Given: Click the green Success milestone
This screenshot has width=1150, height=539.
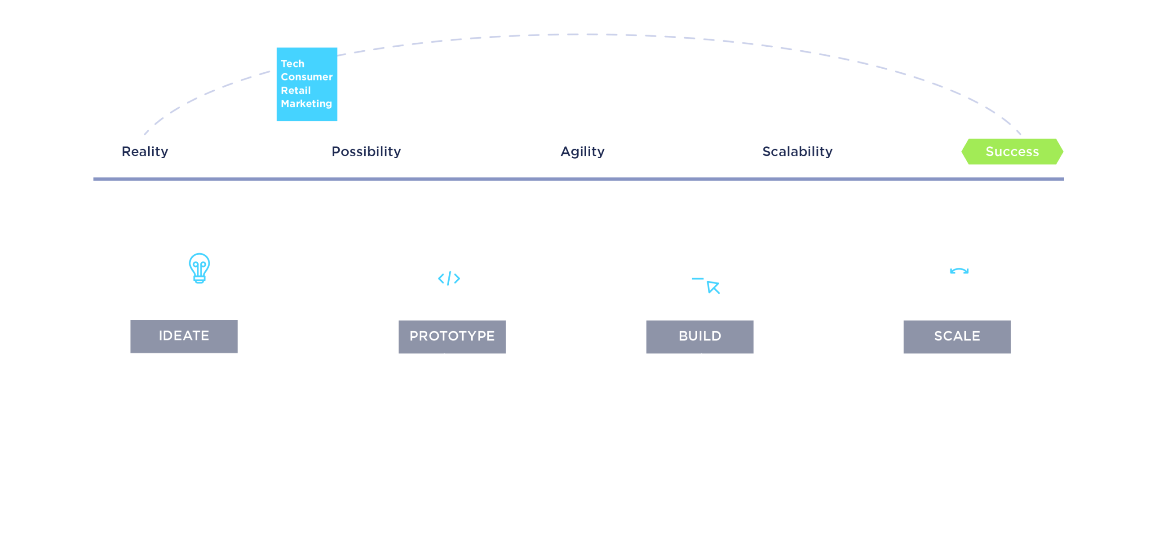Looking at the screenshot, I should [1012, 152].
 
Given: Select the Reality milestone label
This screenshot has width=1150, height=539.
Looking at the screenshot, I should [145, 152].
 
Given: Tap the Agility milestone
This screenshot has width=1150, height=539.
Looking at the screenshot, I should [582, 152].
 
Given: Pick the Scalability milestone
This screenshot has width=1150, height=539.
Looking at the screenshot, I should [797, 152].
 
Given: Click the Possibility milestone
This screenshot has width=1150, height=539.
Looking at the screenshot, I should [366, 152].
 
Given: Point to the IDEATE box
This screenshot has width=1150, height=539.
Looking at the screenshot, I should [184, 336].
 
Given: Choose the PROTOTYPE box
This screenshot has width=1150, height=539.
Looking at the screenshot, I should [452, 336].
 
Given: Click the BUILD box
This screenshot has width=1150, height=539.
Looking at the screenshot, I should [699, 336].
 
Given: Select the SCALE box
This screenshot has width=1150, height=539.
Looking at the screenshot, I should [957, 336].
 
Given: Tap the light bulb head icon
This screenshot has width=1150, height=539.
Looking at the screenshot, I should [188, 275].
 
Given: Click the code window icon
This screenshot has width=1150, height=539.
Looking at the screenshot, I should [449, 276].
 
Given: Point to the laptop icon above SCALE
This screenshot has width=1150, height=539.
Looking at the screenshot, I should [957, 275].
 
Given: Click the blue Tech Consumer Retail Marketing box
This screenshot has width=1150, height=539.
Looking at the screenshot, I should [307, 84].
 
